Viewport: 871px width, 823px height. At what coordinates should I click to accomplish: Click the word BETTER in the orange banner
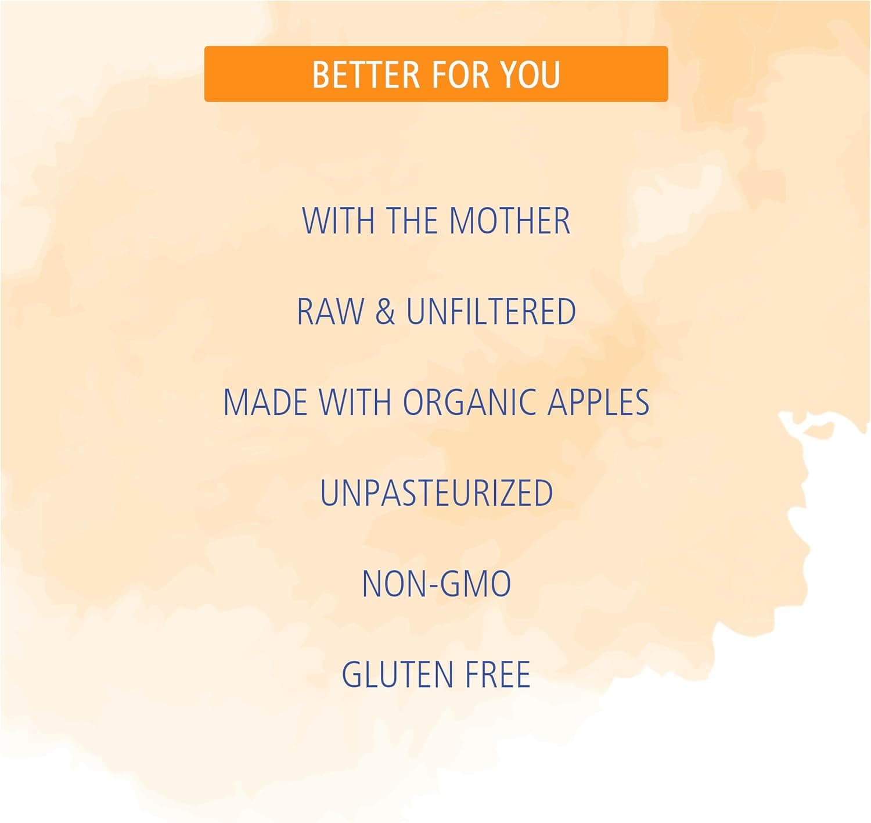pos(366,74)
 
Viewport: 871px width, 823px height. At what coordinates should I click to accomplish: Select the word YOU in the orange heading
pos(530,74)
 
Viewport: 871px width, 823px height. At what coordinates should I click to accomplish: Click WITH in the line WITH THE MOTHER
pos(339,220)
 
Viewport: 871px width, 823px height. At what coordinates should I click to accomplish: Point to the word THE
pos(412,220)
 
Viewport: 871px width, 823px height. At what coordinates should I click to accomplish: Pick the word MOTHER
pos(510,220)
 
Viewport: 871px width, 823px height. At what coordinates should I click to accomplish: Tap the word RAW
pos(330,311)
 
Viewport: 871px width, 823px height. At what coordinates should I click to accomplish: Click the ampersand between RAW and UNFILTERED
pos(385,311)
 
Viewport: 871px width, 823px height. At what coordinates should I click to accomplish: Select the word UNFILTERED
pos(491,311)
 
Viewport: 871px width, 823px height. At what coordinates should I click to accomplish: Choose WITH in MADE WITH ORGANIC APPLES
pos(355,402)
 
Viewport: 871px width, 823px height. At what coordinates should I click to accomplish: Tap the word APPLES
pos(598,402)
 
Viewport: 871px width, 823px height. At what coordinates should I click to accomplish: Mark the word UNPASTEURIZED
pos(437,493)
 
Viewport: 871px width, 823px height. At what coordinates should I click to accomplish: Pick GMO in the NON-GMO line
pos(472,584)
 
